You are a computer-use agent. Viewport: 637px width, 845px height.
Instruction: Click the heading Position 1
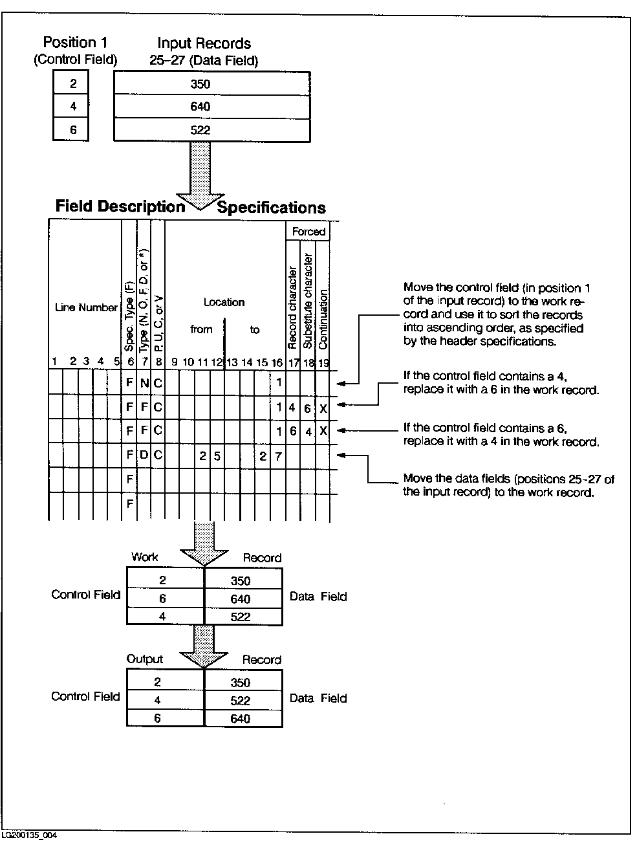coord(74,43)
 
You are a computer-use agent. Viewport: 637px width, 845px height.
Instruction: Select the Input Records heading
coord(204,44)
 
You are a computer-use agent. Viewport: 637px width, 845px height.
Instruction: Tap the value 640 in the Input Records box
coord(200,107)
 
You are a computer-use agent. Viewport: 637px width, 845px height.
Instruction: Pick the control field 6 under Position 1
coord(73,130)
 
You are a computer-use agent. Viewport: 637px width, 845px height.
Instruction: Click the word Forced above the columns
coord(308,232)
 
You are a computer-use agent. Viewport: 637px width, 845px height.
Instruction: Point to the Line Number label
coord(86,308)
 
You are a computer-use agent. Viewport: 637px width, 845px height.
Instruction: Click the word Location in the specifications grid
coord(224,302)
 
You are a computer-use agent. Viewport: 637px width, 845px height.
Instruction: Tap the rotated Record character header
coord(293,307)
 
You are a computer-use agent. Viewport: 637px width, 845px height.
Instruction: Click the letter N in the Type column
coord(144,383)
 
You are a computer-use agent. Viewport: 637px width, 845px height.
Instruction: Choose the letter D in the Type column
coord(144,455)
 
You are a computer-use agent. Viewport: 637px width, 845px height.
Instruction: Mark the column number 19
coord(323,363)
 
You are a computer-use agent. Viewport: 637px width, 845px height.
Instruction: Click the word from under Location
coord(201,329)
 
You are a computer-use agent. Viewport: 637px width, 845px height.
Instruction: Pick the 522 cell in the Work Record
coord(241,617)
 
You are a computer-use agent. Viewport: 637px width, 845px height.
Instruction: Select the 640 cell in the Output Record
coord(240,718)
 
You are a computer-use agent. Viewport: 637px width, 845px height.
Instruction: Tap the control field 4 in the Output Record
coord(157,700)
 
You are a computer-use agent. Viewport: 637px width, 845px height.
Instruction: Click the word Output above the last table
coord(145,659)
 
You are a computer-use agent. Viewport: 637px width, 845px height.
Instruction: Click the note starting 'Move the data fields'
coord(508,485)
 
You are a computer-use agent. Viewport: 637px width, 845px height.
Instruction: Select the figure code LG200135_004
coord(29,835)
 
